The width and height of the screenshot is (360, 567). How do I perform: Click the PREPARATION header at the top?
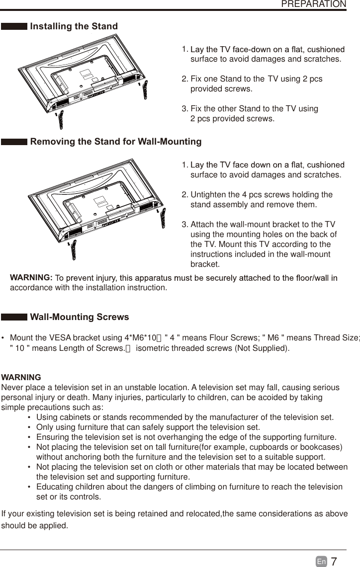pyautogui.click(x=313, y=4)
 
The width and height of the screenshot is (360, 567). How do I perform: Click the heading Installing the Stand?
pyautogui.click(x=74, y=26)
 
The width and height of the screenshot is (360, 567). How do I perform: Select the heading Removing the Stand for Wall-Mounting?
pyautogui.click(x=115, y=142)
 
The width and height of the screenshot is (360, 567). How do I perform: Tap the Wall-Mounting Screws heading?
pyautogui.click(x=79, y=317)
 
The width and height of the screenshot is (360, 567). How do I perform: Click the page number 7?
pyautogui.click(x=334, y=562)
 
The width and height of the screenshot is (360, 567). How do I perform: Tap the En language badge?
pyautogui.click(x=321, y=562)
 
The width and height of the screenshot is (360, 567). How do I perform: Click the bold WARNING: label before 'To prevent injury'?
pyautogui.click(x=31, y=277)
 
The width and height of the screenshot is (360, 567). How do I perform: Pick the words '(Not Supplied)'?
pyautogui.click(x=262, y=348)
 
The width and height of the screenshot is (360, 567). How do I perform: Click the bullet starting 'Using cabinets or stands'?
pyautogui.click(x=185, y=416)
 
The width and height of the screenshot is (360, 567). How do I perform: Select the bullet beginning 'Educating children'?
pyautogui.click(x=189, y=487)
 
